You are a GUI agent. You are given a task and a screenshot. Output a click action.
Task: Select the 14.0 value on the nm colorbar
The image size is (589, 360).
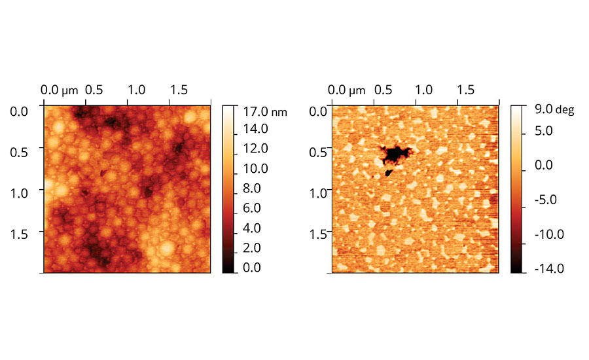255,129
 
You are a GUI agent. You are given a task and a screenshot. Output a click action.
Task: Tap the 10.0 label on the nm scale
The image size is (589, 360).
255,168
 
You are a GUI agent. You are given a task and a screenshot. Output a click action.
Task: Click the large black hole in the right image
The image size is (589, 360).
395,154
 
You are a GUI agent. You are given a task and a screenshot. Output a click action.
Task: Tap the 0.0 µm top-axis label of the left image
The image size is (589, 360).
59,90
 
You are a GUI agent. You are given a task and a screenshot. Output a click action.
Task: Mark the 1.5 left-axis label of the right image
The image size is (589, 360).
318,234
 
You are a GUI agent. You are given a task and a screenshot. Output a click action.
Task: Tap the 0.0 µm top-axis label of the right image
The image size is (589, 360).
347,90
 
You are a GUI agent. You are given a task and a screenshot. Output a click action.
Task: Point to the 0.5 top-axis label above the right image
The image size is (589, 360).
382,90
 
